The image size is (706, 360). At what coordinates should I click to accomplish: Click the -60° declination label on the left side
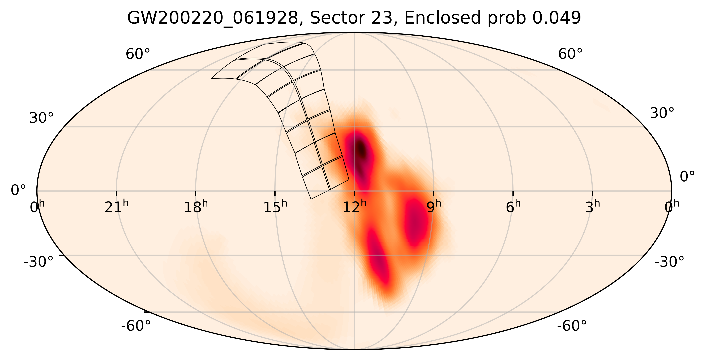pos(136,326)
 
